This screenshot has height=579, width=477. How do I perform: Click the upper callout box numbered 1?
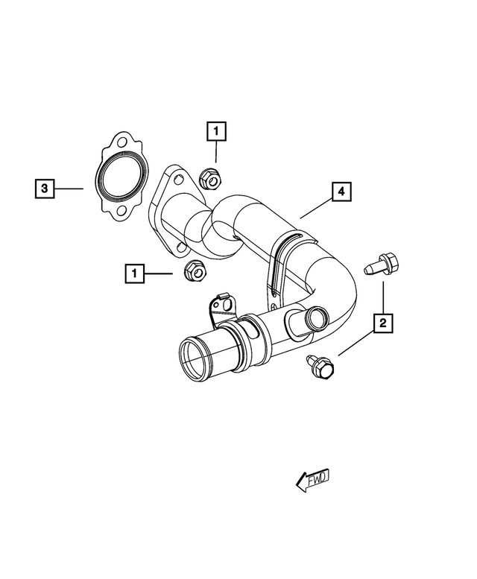pyautogui.click(x=216, y=133)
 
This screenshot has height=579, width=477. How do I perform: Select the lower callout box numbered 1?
pyautogui.click(x=135, y=274)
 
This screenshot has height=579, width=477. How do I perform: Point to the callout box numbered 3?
pyautogui.click(x=45, y=189)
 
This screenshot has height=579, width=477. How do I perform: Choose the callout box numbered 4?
pyautogui.click(x=340, y=192)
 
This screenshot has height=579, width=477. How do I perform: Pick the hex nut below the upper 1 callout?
pyautogui.click(x=210, y=178)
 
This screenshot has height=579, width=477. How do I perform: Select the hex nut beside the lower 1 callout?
pyautogui.click(x=195, y=273)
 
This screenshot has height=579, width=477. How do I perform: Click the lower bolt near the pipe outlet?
pyautogui.click(x=320, y=366)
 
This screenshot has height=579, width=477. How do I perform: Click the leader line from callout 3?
pyautogui.click(x=71, y=189)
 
